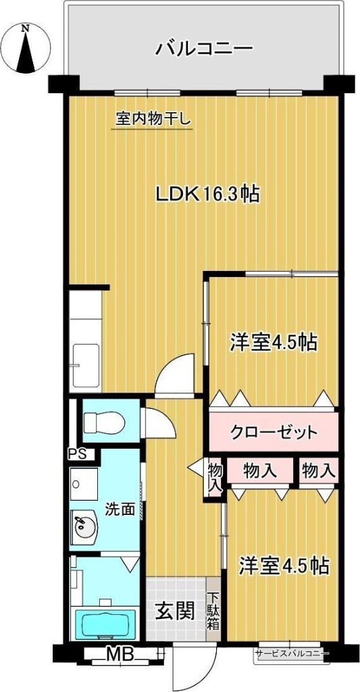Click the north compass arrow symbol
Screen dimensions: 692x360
pos(26,49)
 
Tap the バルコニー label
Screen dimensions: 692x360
pos(204,49)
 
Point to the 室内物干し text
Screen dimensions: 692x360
pos(154,120)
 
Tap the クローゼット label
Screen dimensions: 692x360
pos(274,431)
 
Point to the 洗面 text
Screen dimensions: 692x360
pos(119,509)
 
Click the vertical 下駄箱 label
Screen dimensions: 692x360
pos(213,611)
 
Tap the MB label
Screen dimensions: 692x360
pos(119,653)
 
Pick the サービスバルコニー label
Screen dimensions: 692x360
pos(292,654)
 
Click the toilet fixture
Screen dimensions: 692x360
pos(104,422)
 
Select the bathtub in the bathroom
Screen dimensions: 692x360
pos(104,625)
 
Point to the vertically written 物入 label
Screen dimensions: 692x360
pos(215,477)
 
